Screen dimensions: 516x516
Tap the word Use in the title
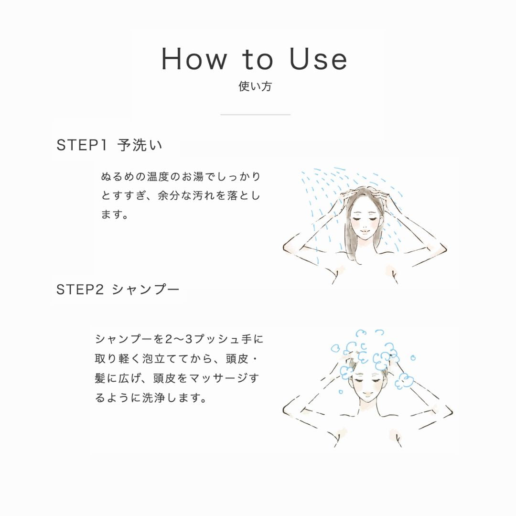tap(319, 59)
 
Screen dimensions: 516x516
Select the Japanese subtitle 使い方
tap(255, 86)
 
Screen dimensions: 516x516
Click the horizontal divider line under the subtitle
tap(255, 115)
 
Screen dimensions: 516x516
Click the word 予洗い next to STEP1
tap(140, 145)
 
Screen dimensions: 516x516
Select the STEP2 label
tap(80, 290)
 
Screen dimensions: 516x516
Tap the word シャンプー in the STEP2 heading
tap(146, 290)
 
